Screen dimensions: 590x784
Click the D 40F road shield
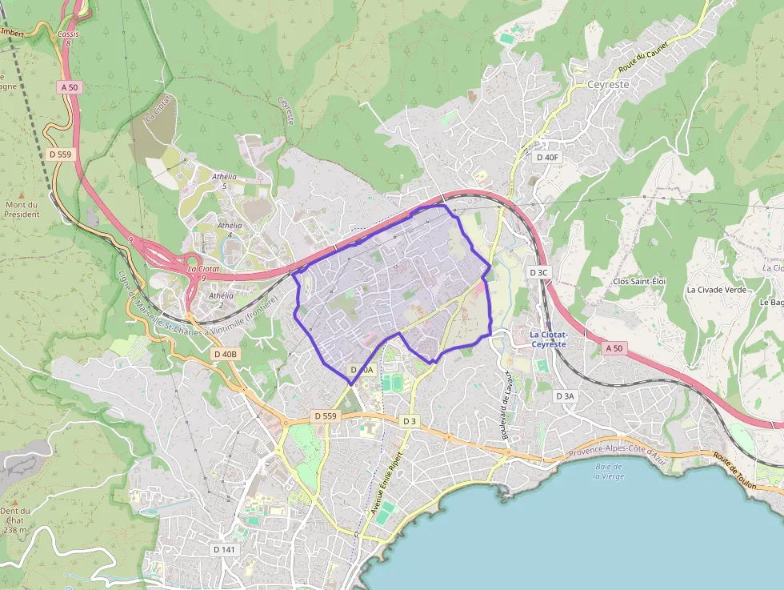click(x=547, y=158)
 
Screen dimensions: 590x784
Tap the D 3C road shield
click(x=538, y=272)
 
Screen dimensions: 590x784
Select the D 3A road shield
click(x=565, y=395)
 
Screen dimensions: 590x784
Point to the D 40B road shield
click(x=226, y=354)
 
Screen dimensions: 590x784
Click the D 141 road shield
click(x=225, y=550)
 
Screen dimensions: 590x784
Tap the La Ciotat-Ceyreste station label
click(x=548, y=339)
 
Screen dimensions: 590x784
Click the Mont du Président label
click(x=22, y=209)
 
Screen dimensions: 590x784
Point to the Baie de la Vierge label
click(x=609, y=471)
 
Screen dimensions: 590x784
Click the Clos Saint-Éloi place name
click(x=638, y=281)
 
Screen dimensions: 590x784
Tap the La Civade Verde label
click(x=716, y=289)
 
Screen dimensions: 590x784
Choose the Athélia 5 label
click(x=225, y=180)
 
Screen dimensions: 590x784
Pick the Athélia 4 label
click(x=229, y=230)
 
